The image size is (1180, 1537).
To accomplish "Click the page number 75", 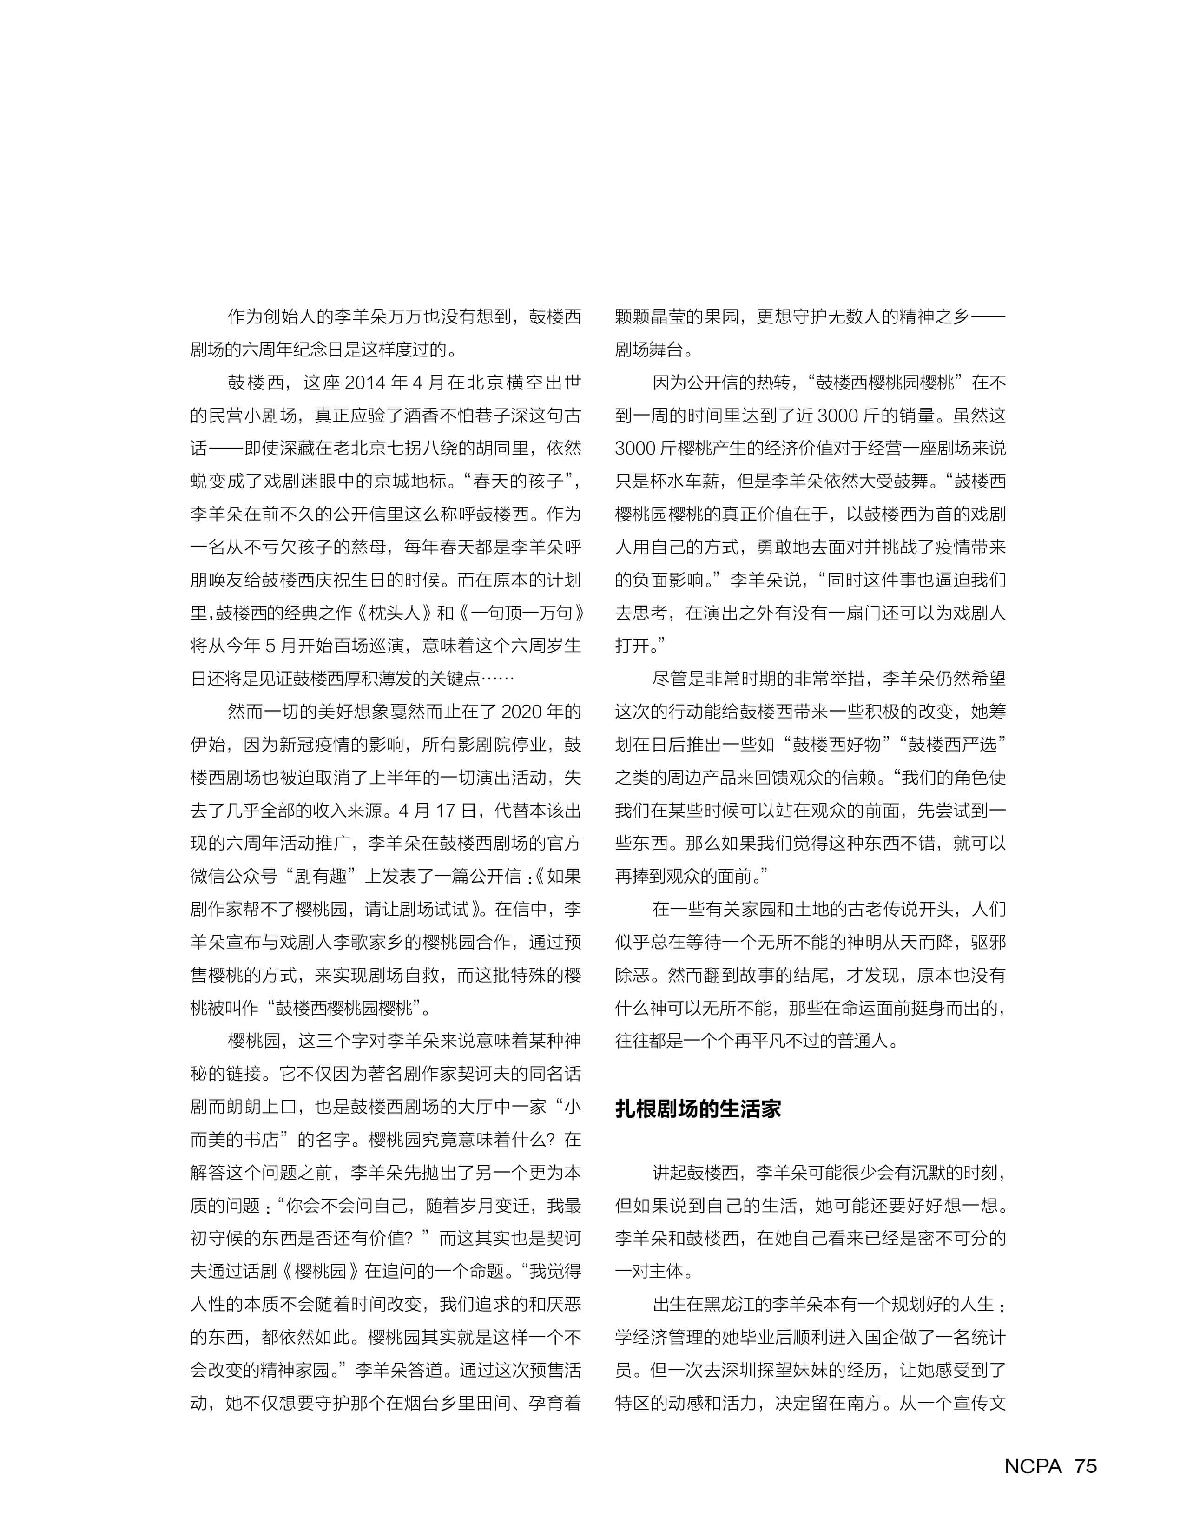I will pyautogui.click(x=1085, y=1466).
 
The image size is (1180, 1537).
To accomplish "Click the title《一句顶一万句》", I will pyautogui.click(x=521, y=613).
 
